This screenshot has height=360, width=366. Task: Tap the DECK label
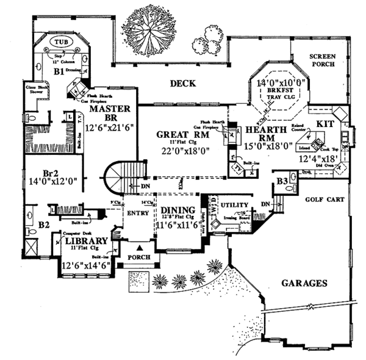182,84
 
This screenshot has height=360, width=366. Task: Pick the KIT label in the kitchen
323,123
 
